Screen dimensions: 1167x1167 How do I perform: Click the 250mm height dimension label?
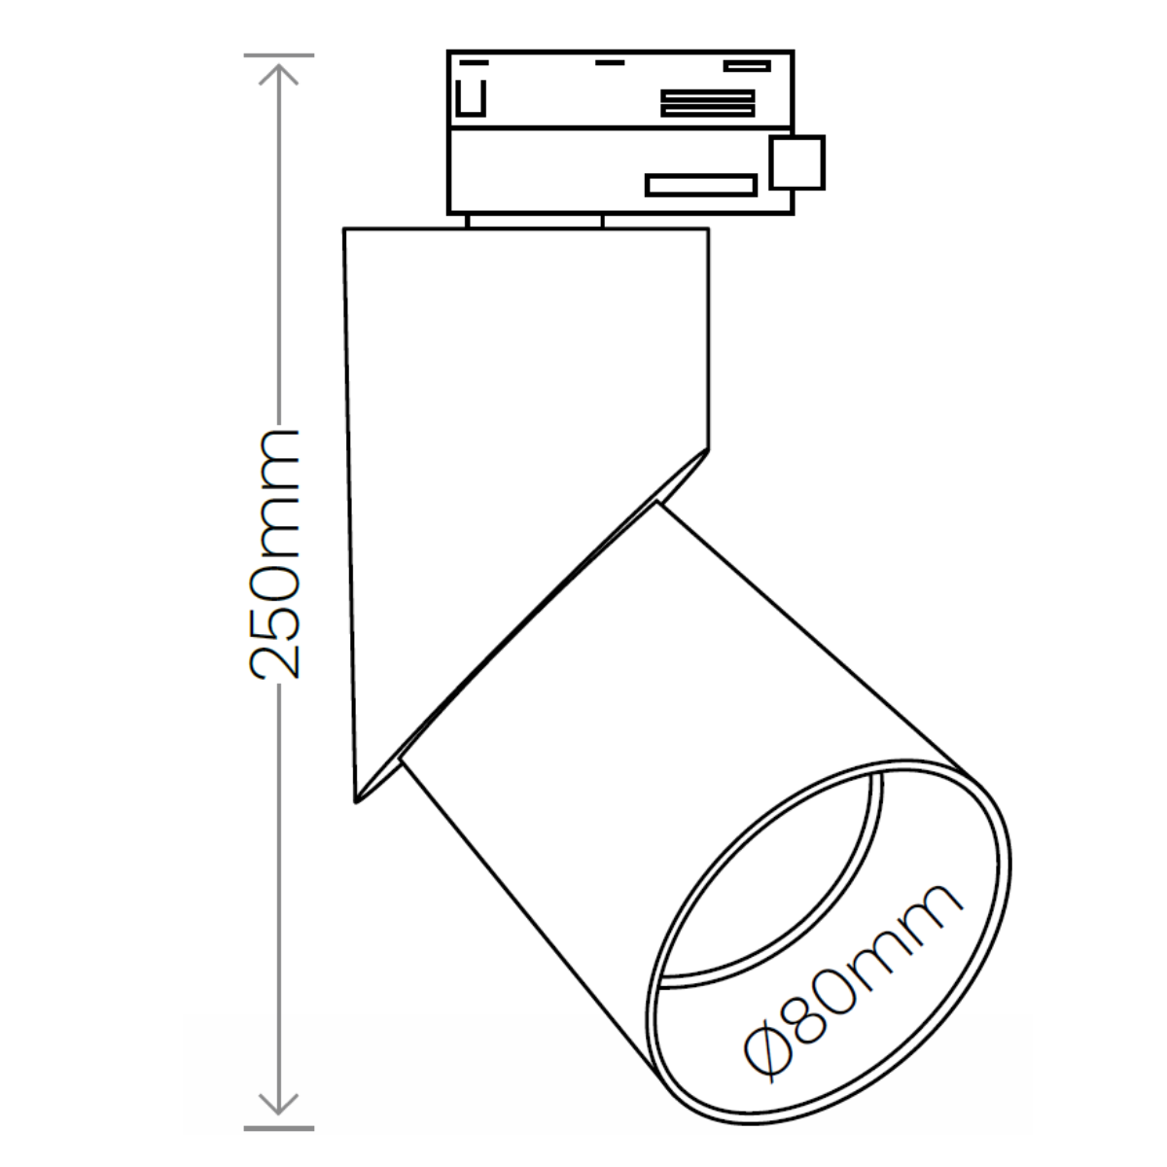tap(276, 553)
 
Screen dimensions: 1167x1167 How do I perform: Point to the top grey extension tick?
tap(279, 55)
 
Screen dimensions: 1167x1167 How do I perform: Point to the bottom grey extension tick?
tap(279, 1128)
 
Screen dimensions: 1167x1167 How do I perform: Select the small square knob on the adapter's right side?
tap(797, 162)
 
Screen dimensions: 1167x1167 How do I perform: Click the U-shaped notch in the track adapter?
tap(471, 99)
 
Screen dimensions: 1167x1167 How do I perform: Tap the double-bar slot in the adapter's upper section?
tap(707, 103)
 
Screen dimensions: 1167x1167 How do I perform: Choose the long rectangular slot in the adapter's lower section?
tap(701, 185)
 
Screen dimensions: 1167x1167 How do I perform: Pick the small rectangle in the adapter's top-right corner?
tap(747, 66)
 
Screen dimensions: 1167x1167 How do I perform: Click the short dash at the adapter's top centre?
tap(610, 64)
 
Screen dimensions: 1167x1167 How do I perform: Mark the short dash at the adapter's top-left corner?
tap(474, 61)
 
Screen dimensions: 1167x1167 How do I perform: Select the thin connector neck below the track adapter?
tap(534, 221)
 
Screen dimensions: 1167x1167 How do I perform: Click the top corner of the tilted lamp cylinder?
tap(657, 504)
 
